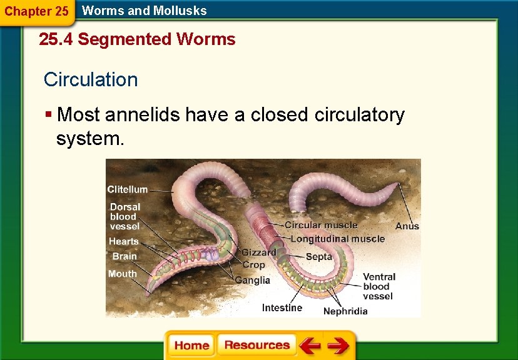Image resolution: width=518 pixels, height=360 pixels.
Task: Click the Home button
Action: (191, 346)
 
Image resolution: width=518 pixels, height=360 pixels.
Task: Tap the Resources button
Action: (256, 345)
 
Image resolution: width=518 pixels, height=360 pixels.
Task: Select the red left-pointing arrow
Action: (310, 346)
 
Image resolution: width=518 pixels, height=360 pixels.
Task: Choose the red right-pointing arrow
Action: (338, 346)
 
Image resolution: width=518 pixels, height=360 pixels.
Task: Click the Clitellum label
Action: (128, 189)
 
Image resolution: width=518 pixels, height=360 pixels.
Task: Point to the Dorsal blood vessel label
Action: (125, 216)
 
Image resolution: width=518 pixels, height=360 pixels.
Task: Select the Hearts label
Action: (124, 241)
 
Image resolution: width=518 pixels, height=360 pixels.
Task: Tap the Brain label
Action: (124, 256)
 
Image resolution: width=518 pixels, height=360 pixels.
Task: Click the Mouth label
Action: (122, 274)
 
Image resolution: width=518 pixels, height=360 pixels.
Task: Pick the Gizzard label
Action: (259, 252)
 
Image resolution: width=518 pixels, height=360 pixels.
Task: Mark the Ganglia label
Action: (253, 280)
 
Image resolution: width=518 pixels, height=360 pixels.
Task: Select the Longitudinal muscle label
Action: (338, 238)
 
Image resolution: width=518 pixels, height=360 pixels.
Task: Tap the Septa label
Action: (318, 257)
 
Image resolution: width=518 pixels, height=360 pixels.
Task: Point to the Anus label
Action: (407, 226)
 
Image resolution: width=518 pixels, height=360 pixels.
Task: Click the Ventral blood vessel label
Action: (379, 286)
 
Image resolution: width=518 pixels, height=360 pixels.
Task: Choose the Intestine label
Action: (282, 307)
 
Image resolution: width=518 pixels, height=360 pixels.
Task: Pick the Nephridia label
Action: (345, 311)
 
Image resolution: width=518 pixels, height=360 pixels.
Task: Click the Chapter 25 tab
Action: (36, 11)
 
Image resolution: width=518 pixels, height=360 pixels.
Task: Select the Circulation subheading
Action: (91, 80)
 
